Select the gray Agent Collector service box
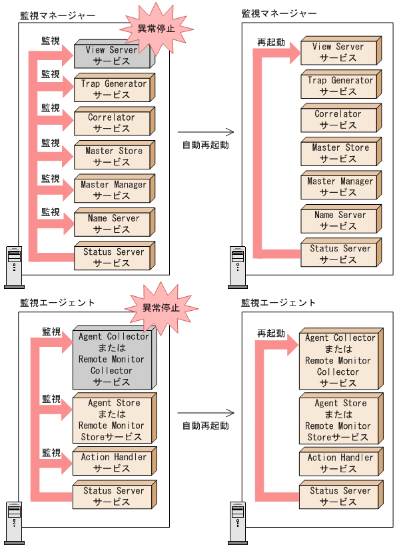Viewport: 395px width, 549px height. pos(111,360)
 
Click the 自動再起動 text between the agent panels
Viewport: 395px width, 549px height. pos(206,426)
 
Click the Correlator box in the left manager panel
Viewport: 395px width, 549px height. pos(112,123)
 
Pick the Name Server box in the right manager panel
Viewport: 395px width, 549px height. pos(338,221)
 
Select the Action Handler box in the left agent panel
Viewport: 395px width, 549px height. pos(112,463)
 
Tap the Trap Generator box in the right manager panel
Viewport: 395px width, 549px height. pos(338,86)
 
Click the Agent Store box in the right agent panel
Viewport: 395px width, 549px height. pos(338,420)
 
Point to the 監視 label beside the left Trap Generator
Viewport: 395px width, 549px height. pos(51,74)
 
